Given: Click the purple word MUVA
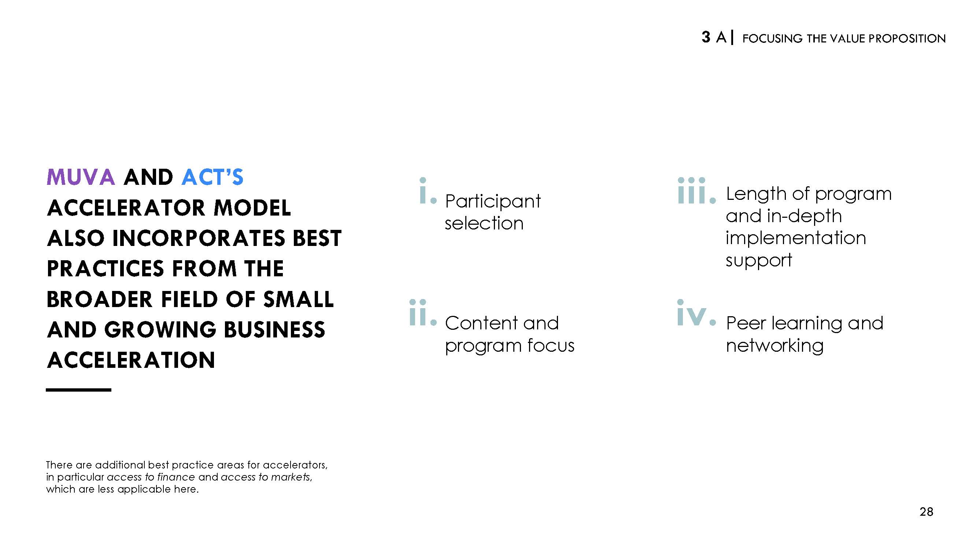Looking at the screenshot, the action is pyautogui.click(x=81, y=177).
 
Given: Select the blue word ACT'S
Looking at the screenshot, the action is pyautogui.click(x=212, y=177).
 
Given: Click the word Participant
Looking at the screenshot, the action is pyautogui.click(x=493, y=201).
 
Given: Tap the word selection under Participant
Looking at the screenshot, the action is pyautogui.click(x=484, y=223).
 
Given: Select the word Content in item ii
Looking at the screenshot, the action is pyautogui.click(x=481, y=323).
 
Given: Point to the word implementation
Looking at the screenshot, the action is pyautogui.click(x=796, y=239).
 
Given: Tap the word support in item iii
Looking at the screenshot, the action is pyautogui.click(x=759, y=261).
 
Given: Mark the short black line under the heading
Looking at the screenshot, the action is pyautogui.click(x=78, y=389).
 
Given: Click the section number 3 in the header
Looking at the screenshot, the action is pyautogui.click(x=706, y=37).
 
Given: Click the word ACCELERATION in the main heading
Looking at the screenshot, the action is pyautogui.click(x=131, y=360).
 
